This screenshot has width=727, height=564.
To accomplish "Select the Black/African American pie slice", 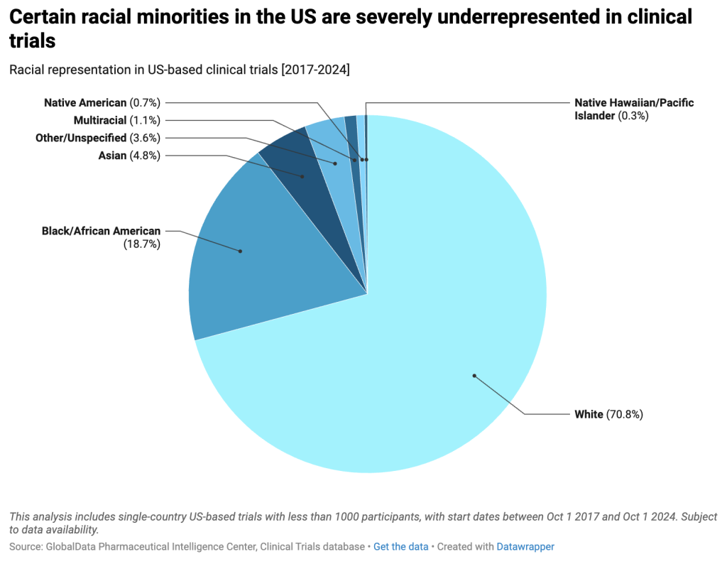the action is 260,251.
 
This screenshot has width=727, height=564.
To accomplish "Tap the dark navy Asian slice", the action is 306,185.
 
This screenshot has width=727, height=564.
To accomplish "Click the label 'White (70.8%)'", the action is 608,414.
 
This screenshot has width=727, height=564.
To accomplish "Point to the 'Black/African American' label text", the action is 101,231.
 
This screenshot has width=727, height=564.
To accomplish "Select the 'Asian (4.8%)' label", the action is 129,156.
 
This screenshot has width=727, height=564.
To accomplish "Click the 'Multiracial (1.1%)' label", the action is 117,121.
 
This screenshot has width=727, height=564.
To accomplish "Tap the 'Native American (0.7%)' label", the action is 102,102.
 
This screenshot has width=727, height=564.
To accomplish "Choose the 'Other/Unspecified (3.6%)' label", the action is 98,138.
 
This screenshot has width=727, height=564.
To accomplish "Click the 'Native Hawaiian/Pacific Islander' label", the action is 634,109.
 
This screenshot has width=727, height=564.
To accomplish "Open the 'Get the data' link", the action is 400,547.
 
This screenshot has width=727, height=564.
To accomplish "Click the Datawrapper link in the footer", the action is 525,547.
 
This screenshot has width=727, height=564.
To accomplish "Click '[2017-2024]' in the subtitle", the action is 315,70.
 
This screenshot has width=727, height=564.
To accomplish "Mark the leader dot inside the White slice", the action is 474,376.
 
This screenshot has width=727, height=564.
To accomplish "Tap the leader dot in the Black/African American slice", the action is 240,251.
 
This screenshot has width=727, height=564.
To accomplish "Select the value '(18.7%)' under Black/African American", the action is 142,244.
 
